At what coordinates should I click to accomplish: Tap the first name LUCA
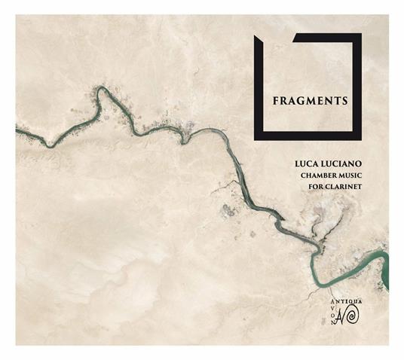pos(309,161)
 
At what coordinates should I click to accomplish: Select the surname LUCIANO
pos(338,161)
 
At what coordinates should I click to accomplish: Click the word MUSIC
pos(349,175)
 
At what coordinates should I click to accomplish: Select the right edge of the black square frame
pos(358,87)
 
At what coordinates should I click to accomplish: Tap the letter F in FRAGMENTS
pos(275,99)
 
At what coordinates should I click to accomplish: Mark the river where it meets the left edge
pos(17,131)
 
